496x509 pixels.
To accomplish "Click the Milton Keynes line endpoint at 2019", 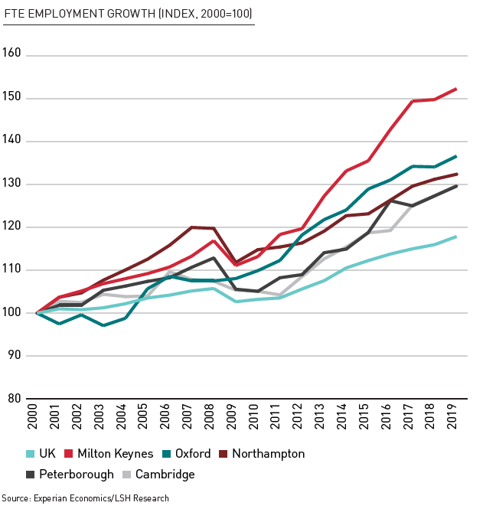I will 456,89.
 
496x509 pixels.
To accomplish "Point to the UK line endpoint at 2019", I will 456,237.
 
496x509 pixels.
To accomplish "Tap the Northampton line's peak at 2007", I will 191,227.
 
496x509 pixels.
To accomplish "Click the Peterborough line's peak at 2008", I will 214,258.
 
